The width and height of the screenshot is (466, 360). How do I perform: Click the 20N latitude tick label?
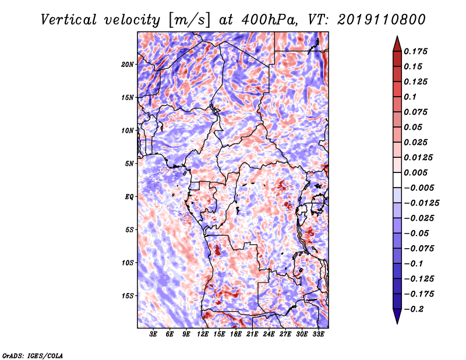point(128,65)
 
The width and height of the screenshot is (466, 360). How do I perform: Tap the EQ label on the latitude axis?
point(129,197)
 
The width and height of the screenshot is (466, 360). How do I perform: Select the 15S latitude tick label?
point(128,296)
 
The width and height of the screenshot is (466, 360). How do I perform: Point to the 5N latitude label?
point(129,164)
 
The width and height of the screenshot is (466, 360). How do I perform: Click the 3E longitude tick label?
point(153,334)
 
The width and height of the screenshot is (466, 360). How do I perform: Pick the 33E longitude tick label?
point(318,334)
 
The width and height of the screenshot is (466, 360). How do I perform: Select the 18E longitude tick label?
point(236,334)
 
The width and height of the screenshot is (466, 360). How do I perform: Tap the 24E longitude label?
point(269,334)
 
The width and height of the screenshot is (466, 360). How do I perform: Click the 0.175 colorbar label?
point(415,51)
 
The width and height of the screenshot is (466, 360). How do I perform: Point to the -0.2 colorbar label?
point(414,309)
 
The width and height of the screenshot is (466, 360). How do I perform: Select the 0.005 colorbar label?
point(415,172)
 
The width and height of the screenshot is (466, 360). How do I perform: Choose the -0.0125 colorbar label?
point(421,203)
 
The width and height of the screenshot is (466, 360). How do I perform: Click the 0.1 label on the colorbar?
point(410,97)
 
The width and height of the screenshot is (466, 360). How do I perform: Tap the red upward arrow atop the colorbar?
point(397,44)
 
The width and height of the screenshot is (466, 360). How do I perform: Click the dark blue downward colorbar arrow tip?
point(397,324)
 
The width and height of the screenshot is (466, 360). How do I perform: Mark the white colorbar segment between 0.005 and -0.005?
point(397,180)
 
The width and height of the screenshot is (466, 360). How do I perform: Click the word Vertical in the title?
point(69,20)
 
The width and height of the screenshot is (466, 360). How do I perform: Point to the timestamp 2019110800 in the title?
point(382,20)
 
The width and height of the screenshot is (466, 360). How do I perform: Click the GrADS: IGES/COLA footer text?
point(33,355)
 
